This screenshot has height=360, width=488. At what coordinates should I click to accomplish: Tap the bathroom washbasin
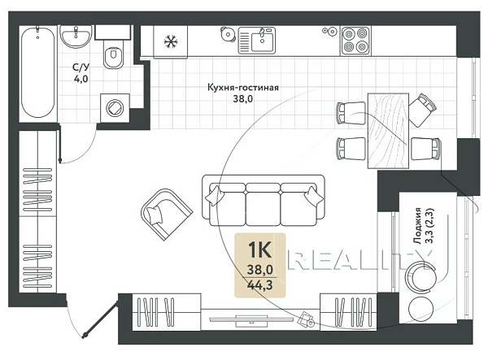pos(76,37)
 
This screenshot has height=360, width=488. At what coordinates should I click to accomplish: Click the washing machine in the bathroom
pos(115,108)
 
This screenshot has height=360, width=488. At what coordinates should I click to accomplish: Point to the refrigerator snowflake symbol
pos(171,41)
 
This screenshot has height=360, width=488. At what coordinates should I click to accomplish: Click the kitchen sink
pos(257,41)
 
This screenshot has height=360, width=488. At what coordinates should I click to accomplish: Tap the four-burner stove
pos(355,41)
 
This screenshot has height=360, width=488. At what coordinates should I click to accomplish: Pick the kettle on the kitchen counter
pos(228,33)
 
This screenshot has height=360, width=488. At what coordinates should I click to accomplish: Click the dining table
pos(388,131)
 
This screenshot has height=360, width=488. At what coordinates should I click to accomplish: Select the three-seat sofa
pos(264,200)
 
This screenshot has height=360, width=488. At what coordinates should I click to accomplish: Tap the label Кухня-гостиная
pos(243,87)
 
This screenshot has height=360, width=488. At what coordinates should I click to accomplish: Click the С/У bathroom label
pos(81,67)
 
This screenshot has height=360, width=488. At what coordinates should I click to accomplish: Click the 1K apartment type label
pos(260,249)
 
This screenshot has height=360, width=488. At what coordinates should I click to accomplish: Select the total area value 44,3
pos(259,284)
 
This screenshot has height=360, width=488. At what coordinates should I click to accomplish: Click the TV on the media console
pos(251,319)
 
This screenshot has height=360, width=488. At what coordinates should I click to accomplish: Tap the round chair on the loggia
pos(420,275)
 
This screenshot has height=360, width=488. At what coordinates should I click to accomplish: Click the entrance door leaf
pos(101,319)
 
